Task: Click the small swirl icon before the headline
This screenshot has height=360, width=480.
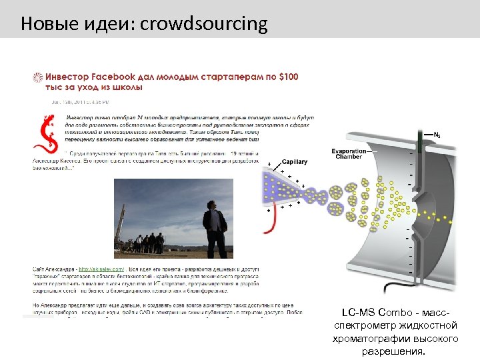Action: (38, 77)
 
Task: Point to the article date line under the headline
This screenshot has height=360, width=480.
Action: (80, 102)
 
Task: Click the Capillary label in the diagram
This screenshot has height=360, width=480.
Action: (294, 162)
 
